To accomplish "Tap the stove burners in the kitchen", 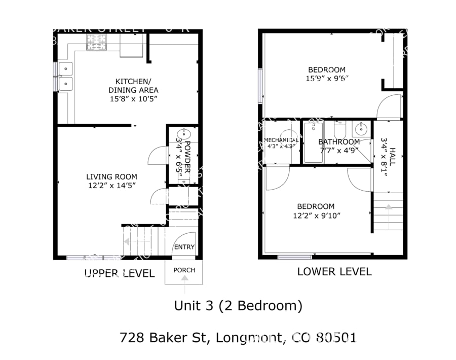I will [x=96, y=43].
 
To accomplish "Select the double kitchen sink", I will [x=65, y=76].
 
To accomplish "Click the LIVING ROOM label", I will [x=111, y=177].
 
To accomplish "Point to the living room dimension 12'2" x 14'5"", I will [x=111, y=186].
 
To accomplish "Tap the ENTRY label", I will [x=184, y=247].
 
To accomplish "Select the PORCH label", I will [x=184, y=270].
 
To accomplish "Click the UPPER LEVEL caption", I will [x=119, y=274].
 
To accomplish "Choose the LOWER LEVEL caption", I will [x=334, y=272].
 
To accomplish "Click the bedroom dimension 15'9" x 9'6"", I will [x=327, y=79].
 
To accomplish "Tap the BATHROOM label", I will [x=339, y=142].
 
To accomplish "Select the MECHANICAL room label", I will [x=281, y=140].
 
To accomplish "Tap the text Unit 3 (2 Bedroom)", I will [x=238, y=306].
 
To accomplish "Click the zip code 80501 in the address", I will [x=336, y=337].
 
